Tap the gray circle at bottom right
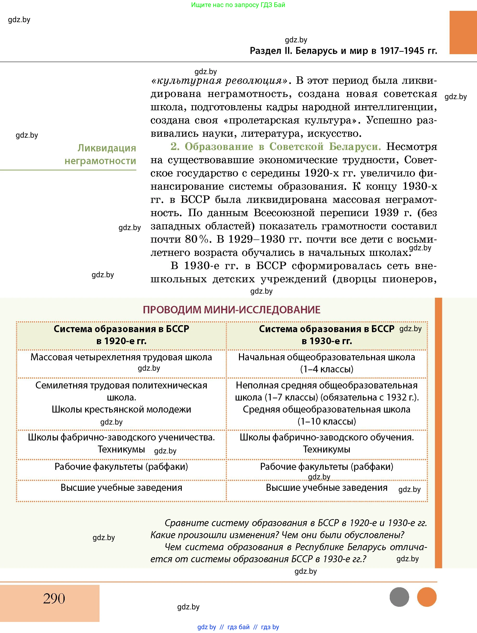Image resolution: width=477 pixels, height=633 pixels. click(x=399, y=597)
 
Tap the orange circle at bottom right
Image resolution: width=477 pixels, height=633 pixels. click(x=427, y=597)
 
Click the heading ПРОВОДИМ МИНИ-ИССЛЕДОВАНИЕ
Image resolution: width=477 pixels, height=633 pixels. click(x=232, y=310)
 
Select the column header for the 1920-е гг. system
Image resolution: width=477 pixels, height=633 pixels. click(x=121, y=335)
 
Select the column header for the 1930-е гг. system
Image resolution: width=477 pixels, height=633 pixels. click(x=327, y=335)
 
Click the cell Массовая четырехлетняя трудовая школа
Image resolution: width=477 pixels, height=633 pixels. click(x=121, y=357)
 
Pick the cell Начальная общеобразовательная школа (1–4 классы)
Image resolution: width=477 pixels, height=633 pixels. click(x=327, y=363)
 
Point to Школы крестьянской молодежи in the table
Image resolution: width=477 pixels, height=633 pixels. click(x=121, y=409)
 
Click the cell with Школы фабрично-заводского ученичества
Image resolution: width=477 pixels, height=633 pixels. click(x=121, y=437)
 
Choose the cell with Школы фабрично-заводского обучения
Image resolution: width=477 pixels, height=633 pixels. click(x=327, y=437)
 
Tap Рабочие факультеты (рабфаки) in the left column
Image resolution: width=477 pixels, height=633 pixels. click(x=121, y=467)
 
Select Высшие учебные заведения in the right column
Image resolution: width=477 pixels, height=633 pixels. click(x=327, y=488)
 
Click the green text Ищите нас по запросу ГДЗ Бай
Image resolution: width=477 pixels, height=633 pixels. click(x=238, y=5)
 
